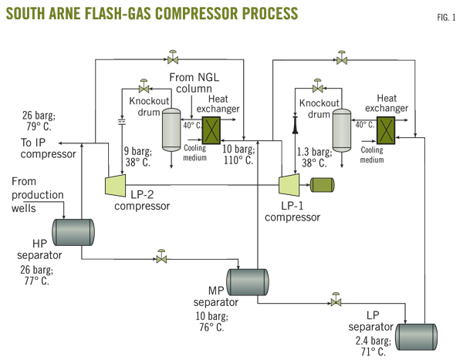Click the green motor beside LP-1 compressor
(321, 184)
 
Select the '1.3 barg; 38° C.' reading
(319, 158)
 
